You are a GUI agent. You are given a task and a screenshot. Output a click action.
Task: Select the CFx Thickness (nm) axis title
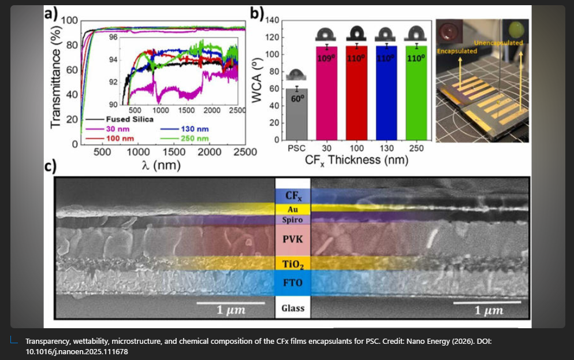tap(356, 160)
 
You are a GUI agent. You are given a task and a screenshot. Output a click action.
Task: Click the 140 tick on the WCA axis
tap(272, 21)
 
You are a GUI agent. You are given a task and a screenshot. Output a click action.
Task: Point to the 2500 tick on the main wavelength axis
tap(245, 152)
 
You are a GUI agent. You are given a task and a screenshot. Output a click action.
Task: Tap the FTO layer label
tap(293, 283)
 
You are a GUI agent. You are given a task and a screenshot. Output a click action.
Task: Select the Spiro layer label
tap(293, 220)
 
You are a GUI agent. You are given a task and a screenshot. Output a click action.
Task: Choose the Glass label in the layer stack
tap(293, 308)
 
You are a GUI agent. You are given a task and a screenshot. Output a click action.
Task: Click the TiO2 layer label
tap(293, 265)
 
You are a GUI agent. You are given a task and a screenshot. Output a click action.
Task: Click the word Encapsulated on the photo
tap(457, 51)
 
